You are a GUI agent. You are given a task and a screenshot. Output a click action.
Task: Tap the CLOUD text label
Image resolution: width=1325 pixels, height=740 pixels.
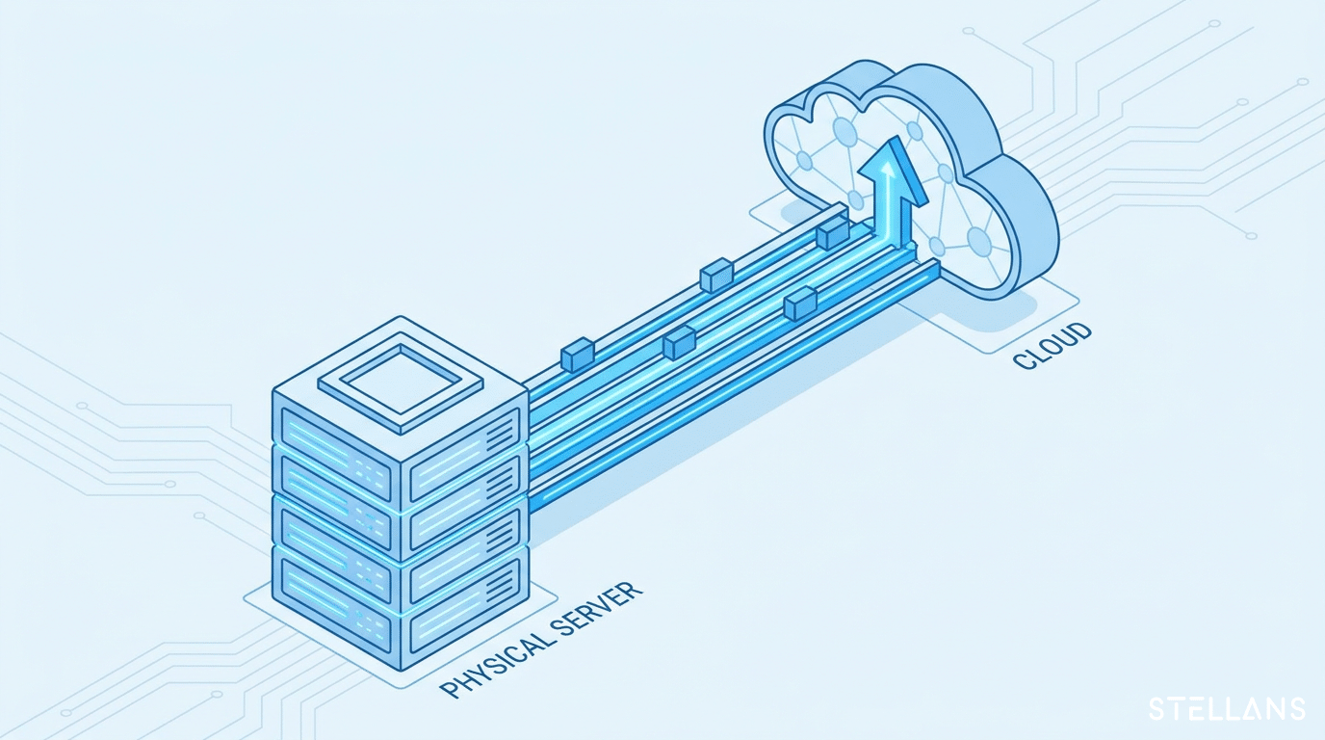pyautogui.click(x=1052, y=346)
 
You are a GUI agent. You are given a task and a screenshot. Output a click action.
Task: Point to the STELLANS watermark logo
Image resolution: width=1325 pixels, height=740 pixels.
pyautogui.click(x=1228, y=708)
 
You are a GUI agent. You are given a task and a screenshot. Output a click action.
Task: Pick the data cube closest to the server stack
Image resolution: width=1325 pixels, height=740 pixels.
pyautogui.click(x=578, y=354)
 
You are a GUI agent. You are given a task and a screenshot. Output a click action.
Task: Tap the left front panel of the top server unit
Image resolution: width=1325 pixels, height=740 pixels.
pyautogui.click(x=335, y=437)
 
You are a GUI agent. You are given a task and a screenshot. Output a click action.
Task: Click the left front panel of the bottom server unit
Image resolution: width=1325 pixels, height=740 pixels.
pyautogui.click(x=335, y=592)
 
